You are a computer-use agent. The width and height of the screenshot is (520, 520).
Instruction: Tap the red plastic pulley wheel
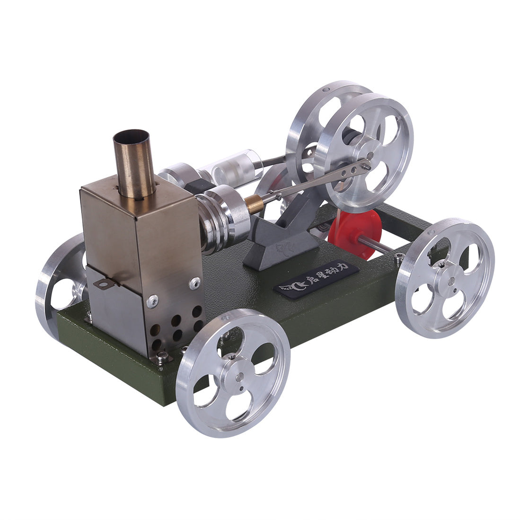355,228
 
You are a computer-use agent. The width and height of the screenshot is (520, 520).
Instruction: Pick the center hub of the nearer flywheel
369,155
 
